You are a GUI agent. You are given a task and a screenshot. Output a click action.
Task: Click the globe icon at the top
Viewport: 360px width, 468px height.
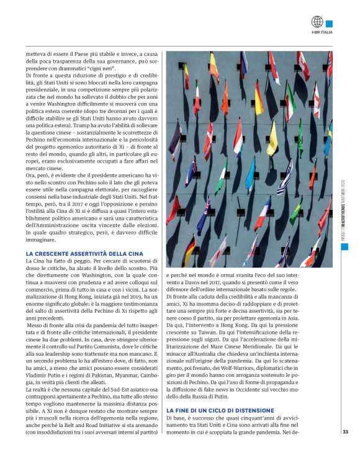click(317, 22)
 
